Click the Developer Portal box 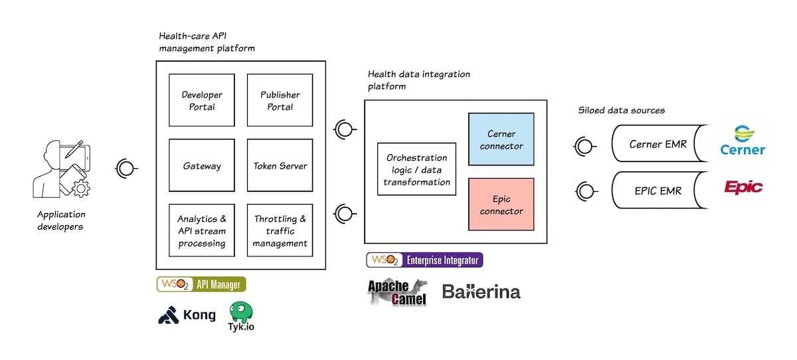click(202, 100)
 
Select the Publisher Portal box click(280, 100)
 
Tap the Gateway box click(202, 165)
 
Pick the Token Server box click(280, 165)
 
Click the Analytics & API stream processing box click(202, 230)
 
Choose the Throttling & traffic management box click(280, 230)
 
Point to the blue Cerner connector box click(501, 140)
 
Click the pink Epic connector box click(501, 205)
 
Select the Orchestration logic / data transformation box click(416, 169)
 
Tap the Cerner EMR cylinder click(657, 144)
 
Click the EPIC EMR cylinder click(657, 191)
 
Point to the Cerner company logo click(743, 140)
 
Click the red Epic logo click(743, 187)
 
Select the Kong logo click(187, 315)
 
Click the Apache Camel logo click(398, 292)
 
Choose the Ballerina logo click(481, 292)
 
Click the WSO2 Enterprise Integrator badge click(424, 260)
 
